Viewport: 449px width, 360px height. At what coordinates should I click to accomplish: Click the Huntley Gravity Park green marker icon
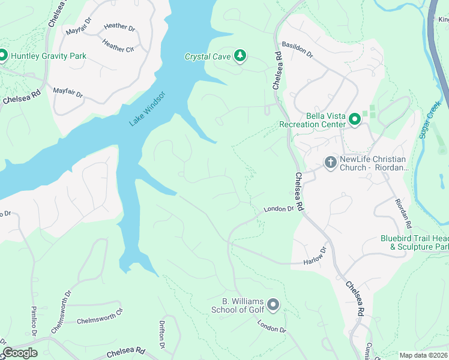2,56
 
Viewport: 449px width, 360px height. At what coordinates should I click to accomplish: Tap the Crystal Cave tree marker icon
240,56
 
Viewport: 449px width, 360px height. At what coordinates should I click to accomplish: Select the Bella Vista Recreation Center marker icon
355,119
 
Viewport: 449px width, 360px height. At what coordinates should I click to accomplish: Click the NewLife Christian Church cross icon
330,162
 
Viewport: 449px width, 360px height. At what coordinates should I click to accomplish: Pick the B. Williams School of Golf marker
273,305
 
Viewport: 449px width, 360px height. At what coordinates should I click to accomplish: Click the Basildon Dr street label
297,50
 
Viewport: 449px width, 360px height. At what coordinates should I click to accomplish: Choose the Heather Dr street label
119,26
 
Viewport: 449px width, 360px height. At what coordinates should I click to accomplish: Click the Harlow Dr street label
314,256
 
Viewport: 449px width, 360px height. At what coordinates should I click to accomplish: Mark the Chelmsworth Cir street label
99,316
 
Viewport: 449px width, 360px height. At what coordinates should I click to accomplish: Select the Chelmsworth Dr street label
58,317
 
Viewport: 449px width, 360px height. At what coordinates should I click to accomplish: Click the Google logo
20,353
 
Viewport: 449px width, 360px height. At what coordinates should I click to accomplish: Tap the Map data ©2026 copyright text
423,355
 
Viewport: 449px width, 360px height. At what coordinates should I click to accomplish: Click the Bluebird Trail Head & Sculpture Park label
414,242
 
